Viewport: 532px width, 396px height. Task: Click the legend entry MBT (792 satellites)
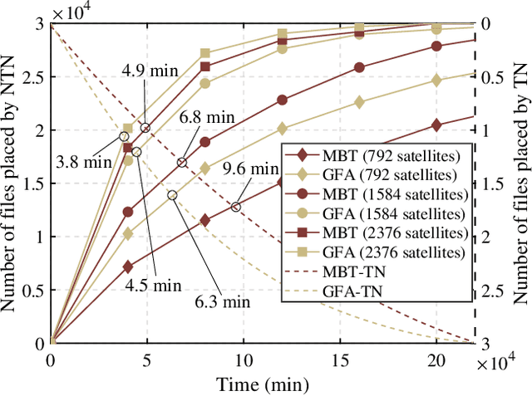(x=374, y=155)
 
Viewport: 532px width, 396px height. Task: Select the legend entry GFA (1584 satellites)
(x=374, y=213)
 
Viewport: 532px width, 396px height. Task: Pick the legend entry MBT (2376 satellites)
(x=374, y=232)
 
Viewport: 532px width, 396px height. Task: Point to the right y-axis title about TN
(x=521, y=183)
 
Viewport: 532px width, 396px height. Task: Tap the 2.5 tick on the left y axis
(x=32, y=77)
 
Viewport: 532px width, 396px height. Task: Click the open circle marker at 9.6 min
(x=236, y=208)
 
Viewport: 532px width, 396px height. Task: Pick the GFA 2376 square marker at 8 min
(x=205, y=54)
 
